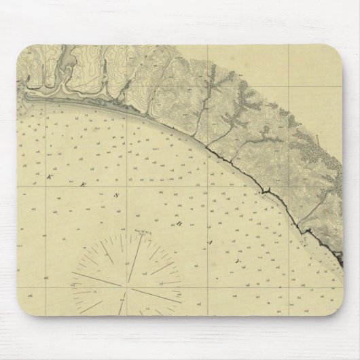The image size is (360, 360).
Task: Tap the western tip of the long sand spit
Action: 27,97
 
